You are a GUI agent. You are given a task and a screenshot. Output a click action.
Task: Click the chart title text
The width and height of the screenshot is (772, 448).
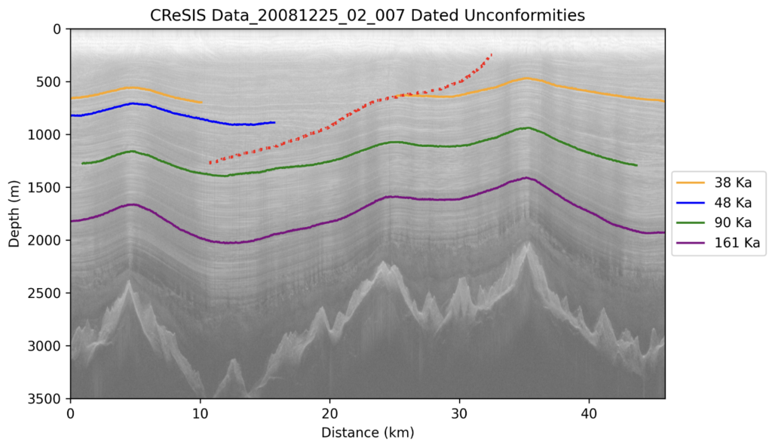pos(367,14)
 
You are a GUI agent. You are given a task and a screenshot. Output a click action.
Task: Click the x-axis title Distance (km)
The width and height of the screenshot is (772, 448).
pos(367,433)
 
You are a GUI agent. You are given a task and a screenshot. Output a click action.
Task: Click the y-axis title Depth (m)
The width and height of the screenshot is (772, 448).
pos(14,213)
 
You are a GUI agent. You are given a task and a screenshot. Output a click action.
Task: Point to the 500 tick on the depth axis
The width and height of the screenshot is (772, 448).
pos(52,81)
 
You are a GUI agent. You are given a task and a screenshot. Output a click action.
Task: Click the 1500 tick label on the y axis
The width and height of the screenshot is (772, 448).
pos(49,187)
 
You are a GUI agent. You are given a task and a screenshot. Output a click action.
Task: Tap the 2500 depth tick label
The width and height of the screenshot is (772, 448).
pos(49,293)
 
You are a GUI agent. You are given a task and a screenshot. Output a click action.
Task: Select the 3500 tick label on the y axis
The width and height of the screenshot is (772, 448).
pos(49,398)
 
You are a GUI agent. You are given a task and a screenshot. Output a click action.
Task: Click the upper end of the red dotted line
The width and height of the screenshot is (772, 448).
pos(492,54)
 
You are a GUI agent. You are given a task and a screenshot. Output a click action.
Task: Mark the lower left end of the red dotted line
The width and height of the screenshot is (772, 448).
pos(210,162)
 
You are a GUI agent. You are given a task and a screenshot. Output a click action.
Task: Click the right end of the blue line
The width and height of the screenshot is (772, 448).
pos(274,122)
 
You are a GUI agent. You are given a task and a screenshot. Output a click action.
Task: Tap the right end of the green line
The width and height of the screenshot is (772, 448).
pos(637,165)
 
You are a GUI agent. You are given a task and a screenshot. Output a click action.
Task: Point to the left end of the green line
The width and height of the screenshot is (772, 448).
pos(82,163)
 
